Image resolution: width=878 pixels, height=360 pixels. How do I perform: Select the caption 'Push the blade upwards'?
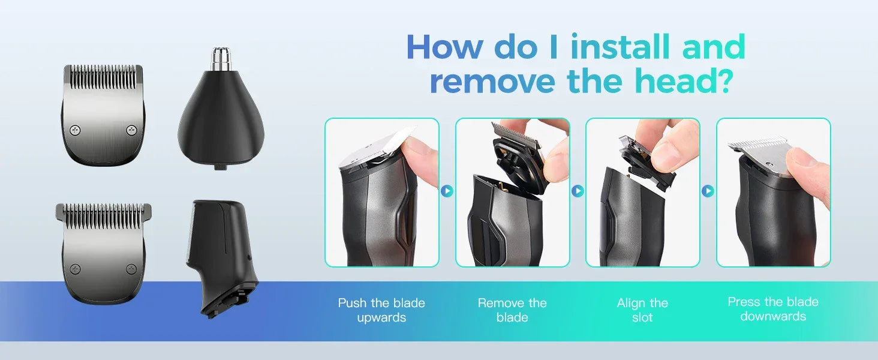381,310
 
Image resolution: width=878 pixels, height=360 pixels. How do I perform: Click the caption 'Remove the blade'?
512,310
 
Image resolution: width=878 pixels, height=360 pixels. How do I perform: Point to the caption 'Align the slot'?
642,310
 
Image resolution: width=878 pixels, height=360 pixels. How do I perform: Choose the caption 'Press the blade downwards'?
773,309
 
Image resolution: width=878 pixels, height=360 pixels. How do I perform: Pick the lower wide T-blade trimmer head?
103,252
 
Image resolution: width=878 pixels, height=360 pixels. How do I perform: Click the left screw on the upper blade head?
75,130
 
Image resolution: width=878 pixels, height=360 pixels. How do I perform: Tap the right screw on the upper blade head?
131,130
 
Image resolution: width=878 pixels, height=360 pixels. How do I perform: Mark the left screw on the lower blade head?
74,269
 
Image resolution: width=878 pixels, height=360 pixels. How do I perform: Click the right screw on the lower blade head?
131,269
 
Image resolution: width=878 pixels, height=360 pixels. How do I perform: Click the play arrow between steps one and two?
447,191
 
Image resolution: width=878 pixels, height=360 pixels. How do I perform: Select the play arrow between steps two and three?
578,191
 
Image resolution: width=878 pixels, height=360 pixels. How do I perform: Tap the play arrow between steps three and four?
708,191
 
